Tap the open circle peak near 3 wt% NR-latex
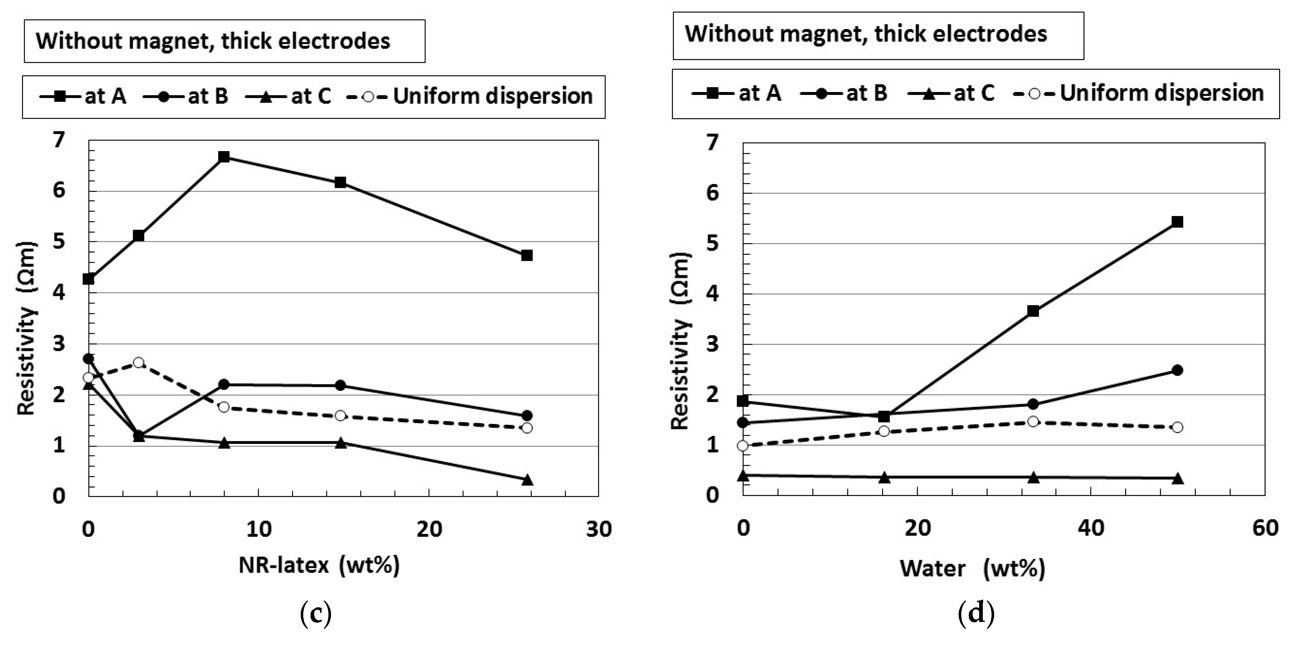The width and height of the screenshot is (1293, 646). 139,362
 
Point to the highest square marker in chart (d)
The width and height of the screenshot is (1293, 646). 1177,222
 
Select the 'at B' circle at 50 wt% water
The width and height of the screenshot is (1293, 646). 1177,370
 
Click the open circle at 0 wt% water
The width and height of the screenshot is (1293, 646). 743,446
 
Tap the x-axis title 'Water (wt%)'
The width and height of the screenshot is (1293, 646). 972,569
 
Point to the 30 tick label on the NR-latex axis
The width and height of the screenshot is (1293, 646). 598,530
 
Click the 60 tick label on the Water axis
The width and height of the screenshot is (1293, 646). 1265,528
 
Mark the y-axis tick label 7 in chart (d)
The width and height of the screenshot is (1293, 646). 713,143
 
